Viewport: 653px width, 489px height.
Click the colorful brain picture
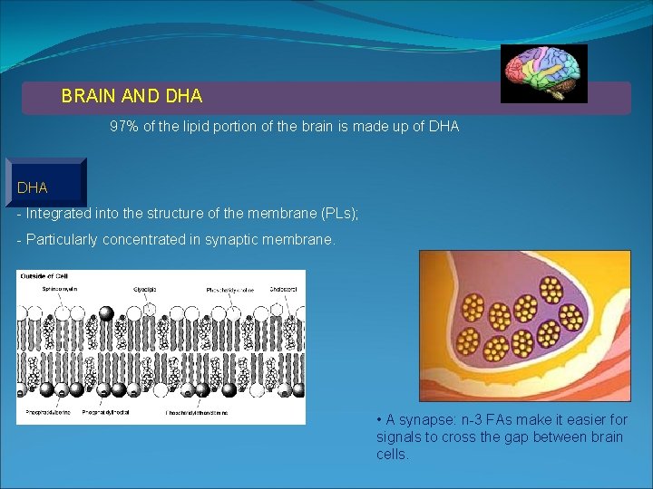[544, 73]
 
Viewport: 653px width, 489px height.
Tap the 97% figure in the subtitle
[125, 128]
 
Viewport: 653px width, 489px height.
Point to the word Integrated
[59, 214]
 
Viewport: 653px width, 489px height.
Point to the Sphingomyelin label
[61, 289]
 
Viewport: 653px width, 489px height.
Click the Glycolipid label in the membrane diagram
[145, 290]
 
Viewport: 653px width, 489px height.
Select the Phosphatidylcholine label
[229, 291]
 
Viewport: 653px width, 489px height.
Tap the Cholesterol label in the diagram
[281, 290]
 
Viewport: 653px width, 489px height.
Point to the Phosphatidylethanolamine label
[197, 413]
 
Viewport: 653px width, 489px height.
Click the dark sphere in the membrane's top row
[106, 313]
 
